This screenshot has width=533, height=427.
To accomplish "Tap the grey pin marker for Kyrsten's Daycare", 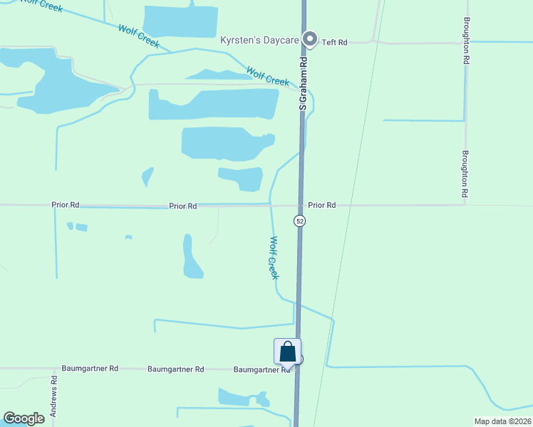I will (309, 40).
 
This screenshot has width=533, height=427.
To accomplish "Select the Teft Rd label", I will (334, 43).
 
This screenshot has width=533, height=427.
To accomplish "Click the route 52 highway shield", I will (300, 221).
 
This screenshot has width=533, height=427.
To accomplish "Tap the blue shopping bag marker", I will (287, 352).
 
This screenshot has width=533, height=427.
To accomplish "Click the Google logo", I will (24, 418).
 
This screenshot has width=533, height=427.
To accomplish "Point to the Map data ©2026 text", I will (502, 421).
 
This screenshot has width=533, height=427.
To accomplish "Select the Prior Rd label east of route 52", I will (321, 205).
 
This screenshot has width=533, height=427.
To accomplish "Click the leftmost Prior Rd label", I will (65, 205).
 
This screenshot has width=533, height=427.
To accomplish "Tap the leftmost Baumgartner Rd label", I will (90, 369).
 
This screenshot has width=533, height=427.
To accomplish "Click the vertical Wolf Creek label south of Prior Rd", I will (273, 257).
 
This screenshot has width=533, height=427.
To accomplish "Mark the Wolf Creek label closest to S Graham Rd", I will (268, 76).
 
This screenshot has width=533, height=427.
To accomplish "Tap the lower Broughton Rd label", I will (465, 173).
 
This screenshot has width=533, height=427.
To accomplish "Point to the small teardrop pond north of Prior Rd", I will (148, 176).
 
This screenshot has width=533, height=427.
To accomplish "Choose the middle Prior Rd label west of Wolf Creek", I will (183, 206).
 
